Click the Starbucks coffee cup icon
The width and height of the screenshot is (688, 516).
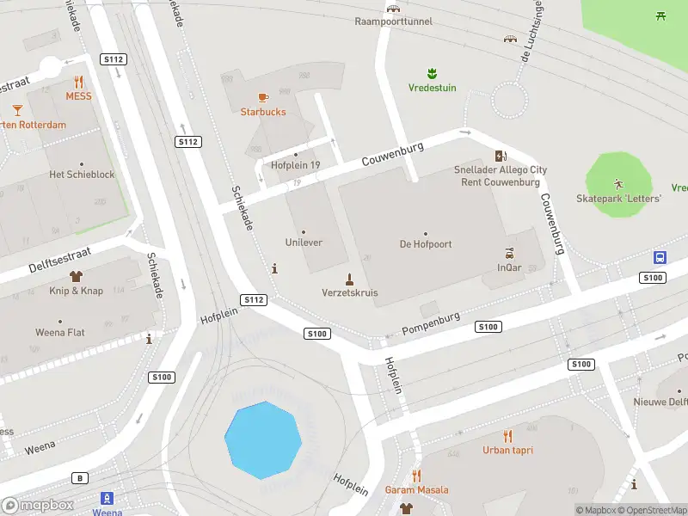pos(262,97)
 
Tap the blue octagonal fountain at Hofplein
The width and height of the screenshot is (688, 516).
pos(263,439)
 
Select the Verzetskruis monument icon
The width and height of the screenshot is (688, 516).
pos(349,278)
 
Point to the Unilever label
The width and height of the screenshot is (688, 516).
pos(304,243)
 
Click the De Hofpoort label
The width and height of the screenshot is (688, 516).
pos(426,244)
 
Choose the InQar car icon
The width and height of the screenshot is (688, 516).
pos(510,253)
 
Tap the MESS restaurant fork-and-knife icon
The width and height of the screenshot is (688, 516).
pos(78,82)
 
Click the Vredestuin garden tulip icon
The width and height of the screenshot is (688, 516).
pos(432,73)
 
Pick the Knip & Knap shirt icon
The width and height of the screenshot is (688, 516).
pos(76,276)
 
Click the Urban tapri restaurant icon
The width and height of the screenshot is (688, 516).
pos(507,435)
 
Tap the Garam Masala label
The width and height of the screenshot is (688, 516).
pos(416,490)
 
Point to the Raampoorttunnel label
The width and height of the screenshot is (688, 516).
pos(394,21)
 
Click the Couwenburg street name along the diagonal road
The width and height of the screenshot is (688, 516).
pos(392,155)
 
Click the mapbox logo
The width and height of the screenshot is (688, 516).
pos(38,505)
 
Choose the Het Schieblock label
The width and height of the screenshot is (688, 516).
pos(82,175)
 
